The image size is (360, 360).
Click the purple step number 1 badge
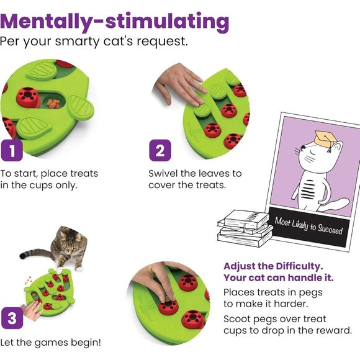tap(11, 150)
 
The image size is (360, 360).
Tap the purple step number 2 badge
tap(160, 150)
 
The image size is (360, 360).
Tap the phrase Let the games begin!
tap(52, 341)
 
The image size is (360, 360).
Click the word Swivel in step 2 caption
tap(164, 173)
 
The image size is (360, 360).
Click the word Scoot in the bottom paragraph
tap(238, 318)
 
